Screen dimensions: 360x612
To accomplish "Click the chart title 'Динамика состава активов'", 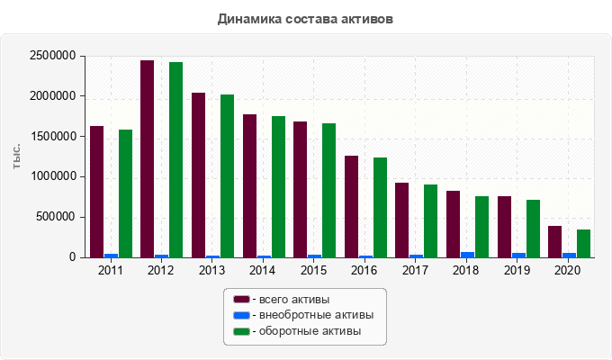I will click(305, 18).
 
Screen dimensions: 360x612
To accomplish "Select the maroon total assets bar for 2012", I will click(147, 158).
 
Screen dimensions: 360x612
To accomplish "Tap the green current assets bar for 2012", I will click(175, 159).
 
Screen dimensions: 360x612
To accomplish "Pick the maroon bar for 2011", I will click(96, 192).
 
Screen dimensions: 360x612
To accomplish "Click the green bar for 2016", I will click(380, 207).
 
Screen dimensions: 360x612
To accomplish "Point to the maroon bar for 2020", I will click(554, 241).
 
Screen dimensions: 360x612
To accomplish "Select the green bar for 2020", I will click(583, 243).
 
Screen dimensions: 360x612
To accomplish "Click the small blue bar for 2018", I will click(467, 255).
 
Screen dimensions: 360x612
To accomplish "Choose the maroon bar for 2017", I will click(401, 220).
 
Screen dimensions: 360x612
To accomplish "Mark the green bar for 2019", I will click(533, 228).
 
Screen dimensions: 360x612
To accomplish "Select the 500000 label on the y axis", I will click(56, 217).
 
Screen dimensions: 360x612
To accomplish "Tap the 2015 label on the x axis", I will click(314, 270).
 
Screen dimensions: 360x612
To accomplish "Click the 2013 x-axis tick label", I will click(212, 270).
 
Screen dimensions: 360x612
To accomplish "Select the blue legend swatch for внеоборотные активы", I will click(241, 315).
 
